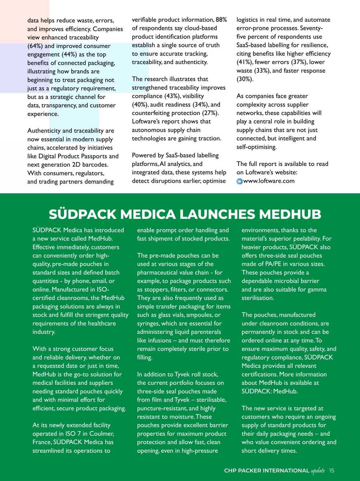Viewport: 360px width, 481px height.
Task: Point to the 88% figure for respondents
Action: click(x=221, y=20)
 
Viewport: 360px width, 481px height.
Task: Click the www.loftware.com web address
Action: click(x=269, y=181)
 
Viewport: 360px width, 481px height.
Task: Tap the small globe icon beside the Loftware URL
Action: click(x=239, y=181)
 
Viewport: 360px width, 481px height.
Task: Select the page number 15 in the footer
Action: click(x=332, y=470)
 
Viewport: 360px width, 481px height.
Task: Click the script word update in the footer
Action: click(x=318, y=470)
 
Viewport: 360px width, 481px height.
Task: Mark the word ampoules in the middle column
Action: click(x=200, y=315)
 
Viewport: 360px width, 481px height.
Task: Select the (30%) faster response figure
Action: click(x=245, y=79)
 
